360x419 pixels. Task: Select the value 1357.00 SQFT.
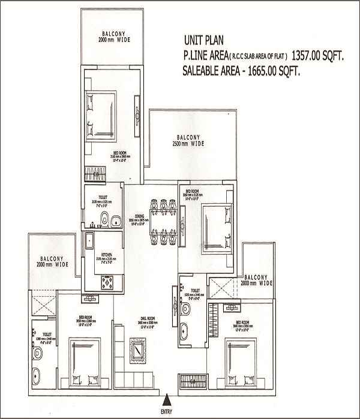(323, 55)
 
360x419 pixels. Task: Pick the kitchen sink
(89, 242)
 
